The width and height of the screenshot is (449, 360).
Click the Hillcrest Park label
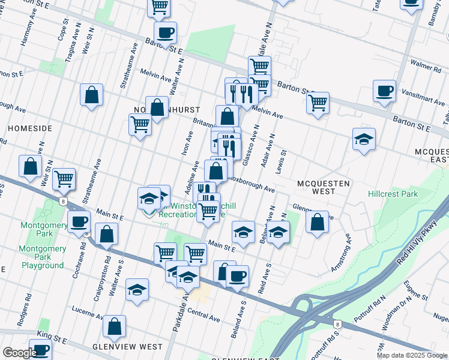click(x=392, y=194)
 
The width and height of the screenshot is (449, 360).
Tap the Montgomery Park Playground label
click(x=43, y=256)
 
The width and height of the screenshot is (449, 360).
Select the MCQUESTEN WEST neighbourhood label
click(x=315, y=187)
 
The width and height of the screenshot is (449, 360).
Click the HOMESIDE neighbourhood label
click(x=29, y=128)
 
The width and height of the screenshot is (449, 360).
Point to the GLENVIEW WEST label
click(x=127, y=347)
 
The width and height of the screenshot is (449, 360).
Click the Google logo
click(x=19, y=353)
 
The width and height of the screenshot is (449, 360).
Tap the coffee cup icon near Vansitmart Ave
click(x=384, y=92)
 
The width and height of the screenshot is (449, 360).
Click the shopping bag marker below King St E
click(x=114, y=327)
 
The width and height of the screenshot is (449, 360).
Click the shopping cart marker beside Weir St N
click(x=64, y=179)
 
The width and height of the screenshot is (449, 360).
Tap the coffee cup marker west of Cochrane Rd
click(x=78, y=222)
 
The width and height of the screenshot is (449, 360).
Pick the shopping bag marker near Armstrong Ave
click(x=318, y=222)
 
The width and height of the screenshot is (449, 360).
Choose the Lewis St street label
click(x=280, y=162)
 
